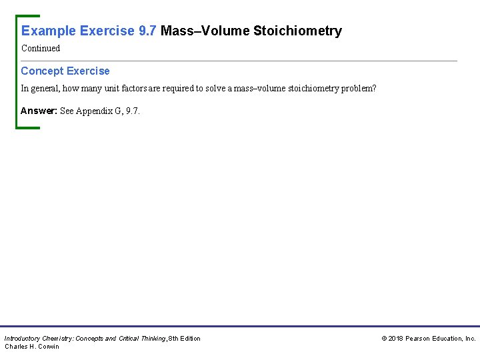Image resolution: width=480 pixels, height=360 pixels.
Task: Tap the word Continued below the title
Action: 41,48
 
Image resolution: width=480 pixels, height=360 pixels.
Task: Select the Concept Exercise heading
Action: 65,71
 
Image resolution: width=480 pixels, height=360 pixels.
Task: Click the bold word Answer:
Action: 39,111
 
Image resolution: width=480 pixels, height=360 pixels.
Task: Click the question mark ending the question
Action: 375,88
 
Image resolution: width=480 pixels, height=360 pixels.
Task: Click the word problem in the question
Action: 357,88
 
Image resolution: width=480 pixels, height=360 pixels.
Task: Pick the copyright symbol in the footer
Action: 384,339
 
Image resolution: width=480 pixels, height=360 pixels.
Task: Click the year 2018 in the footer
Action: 395,339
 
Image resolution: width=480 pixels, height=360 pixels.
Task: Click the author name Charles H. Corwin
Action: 32,346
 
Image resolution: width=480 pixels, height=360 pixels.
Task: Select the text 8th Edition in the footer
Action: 185,339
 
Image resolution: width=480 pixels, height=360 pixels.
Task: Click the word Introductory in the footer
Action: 23,339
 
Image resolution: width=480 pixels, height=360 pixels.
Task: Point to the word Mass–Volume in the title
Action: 205,31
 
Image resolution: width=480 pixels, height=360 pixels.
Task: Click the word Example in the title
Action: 49,31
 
